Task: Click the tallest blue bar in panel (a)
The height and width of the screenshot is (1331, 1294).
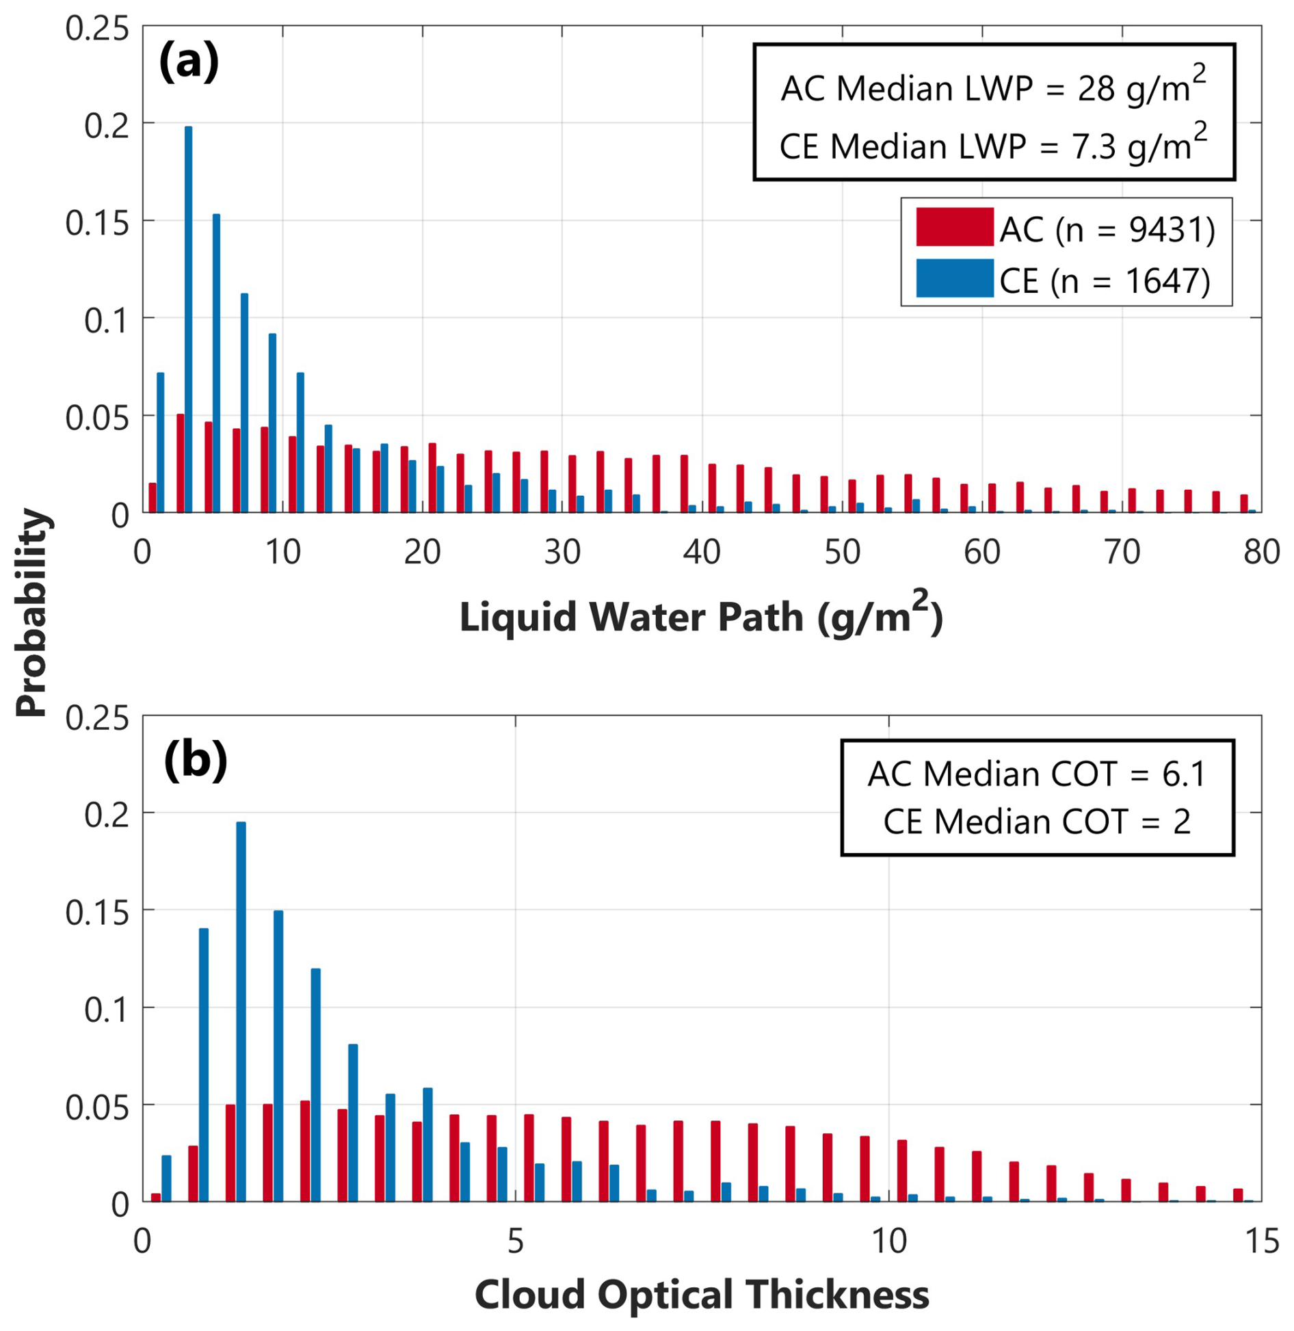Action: (188, 319)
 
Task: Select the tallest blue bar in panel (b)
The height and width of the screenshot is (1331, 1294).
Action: (241, 1012)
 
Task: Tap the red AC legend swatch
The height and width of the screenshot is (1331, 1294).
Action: (954, 226)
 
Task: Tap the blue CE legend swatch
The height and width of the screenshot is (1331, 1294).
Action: (954, 278)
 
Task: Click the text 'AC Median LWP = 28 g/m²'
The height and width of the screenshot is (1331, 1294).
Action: (993, 85)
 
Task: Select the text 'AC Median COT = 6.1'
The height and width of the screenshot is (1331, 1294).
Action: (1036, 774)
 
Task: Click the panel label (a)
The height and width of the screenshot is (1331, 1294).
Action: (189, 61)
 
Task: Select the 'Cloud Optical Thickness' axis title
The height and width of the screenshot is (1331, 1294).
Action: (702, 1293)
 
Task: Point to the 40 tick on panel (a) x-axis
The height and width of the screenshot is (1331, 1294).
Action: (702, 551)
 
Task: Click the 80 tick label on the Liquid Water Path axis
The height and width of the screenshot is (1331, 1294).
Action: (1261, 551)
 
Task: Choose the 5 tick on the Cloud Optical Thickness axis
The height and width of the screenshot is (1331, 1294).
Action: (516, 1241)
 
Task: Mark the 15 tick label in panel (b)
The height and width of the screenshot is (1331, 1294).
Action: (1262, 1241)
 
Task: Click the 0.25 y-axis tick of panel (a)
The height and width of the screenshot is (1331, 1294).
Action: (97, 28)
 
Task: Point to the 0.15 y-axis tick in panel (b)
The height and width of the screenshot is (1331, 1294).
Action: (97, 912)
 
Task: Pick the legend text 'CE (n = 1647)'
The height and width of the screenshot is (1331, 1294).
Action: (1105, 280)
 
